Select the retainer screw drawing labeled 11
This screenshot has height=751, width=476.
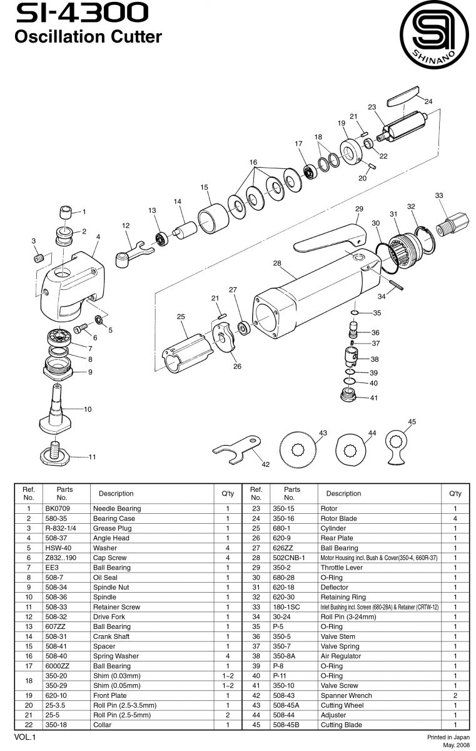(x=56, y=451)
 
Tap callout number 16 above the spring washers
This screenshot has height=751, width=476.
(x=253, y=162)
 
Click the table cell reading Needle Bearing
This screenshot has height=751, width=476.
(x=117, y=509)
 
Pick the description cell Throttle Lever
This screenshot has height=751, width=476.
(x=342, y=568)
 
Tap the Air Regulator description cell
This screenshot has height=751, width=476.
(x=341, y=656)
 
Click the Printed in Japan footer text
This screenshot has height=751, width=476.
(x=448, y=738)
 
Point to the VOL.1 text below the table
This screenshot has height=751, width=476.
(x=26, y=738)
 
